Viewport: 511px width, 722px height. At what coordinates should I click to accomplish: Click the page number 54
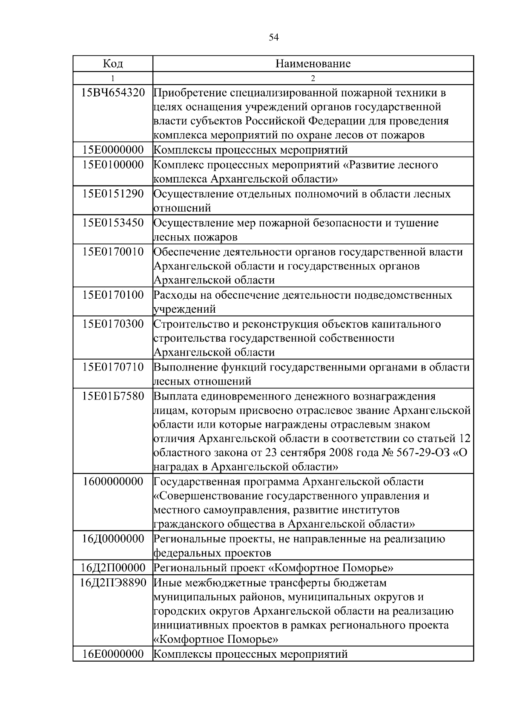274,38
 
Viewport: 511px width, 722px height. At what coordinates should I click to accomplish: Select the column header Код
113,64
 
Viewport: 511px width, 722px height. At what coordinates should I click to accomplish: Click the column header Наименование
313,64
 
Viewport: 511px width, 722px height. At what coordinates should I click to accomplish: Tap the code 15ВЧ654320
113,92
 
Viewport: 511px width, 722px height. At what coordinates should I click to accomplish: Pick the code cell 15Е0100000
113,165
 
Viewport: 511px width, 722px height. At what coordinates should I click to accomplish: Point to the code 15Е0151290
113,194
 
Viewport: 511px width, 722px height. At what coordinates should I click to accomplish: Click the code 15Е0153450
113,223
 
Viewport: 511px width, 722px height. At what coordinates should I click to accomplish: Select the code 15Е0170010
113,251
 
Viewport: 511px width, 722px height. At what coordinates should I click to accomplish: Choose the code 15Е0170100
113,294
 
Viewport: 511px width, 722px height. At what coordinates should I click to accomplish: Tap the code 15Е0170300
113,324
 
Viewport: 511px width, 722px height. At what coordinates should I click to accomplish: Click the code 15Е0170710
113,367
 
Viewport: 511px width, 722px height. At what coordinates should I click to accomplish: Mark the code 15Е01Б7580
113,396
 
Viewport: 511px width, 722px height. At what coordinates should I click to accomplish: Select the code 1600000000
113,482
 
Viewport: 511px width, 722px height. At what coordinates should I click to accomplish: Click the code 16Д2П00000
113,568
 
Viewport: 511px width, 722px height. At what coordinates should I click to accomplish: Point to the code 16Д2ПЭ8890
113,582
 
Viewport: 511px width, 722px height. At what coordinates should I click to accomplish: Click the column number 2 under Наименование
313,78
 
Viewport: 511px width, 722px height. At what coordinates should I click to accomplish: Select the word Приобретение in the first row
189,93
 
